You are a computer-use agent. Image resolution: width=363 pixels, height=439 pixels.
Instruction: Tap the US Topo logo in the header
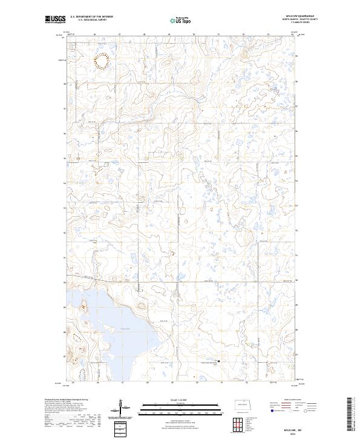[181, 19]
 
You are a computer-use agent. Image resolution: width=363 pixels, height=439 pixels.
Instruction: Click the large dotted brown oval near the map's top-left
[102, 61]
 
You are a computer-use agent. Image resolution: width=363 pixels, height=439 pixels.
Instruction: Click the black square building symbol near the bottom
[218, 361]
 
